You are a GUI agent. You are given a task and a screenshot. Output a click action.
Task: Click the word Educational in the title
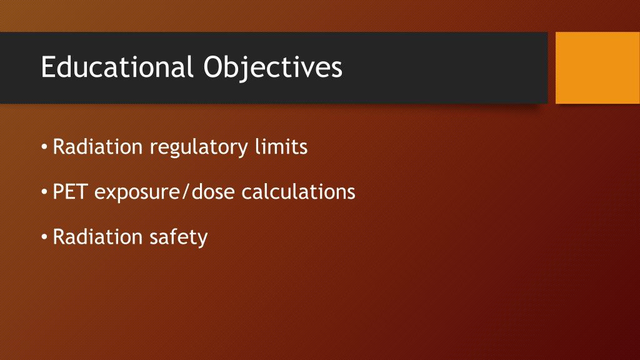tap(115, 67)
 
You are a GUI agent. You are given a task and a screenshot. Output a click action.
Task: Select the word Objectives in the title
tap(272, 67)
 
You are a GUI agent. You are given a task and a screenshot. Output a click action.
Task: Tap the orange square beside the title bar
tap(597, 67)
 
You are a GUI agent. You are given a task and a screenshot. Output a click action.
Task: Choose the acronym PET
tap(71, 192)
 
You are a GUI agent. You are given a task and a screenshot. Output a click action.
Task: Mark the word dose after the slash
tap(214, 192)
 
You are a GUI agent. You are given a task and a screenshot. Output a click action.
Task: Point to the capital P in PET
tap(59, 192)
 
